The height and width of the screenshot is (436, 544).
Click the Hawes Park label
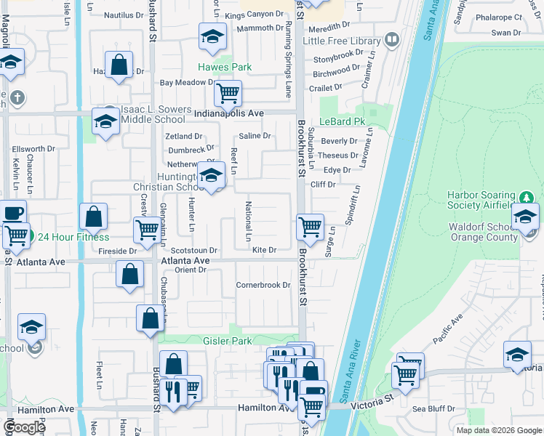pyautogui.click(x=225, y=68)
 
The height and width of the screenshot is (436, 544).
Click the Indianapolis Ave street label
pyautogui.click(x=232, y=113)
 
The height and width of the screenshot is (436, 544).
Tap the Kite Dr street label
pyautogui.click(x=265, y=250)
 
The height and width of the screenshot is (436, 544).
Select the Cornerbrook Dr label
pyautogui.click(x=263, y=285)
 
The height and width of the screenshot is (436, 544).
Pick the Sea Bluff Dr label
pyautogui.click(x=433, y=409)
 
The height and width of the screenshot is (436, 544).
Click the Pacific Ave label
pyautogui.click(x=447, y=330)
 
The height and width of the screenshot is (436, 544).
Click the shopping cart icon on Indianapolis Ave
pyautogui.click(x=228, y=93)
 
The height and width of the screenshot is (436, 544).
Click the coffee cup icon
pyautogui.click(x=12, y=213)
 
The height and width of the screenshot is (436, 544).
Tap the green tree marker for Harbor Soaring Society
pyautogui.click(x=527, y=198)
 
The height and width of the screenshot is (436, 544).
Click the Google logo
pyautogui.click(x=24, y=427)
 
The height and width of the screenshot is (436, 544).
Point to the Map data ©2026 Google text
pyautogui.click(x=498, y=430)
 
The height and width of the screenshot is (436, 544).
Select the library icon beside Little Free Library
pyautogui.click(x=392, y=39)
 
